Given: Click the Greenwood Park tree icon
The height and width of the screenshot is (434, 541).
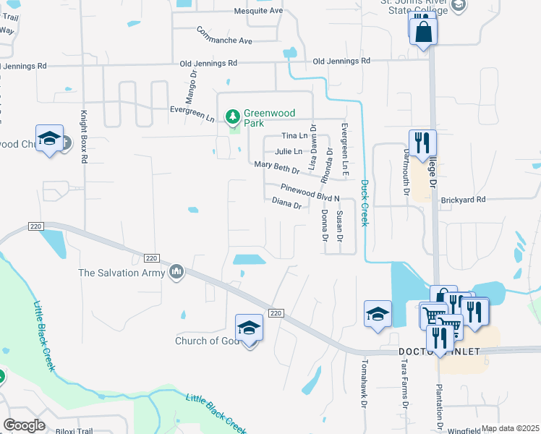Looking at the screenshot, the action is coord(233,116).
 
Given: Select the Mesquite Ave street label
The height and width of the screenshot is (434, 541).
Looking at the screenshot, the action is coord(258,11).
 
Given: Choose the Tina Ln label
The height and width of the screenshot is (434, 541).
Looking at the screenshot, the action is coord(294,135).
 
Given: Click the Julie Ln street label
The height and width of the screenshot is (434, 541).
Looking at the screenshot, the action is coord(289,151).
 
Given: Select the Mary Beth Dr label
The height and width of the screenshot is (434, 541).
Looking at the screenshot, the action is coord(277,168).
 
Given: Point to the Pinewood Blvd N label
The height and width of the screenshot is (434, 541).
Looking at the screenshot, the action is coord(310,190).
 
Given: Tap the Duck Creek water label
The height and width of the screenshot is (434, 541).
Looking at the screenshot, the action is coord(365,203).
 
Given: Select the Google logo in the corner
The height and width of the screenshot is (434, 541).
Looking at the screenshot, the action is coord(25,425).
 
